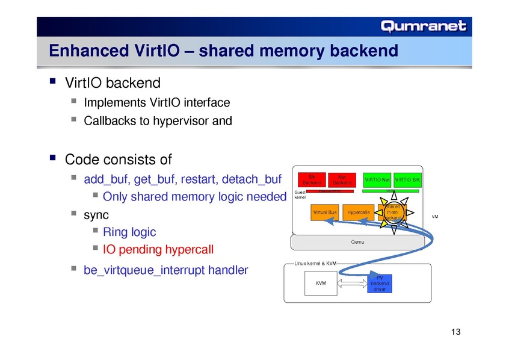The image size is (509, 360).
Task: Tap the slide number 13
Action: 455,333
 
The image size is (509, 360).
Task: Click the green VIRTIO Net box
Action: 377,179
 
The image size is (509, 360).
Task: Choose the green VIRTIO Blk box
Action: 407,179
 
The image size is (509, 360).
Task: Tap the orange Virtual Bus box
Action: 324,213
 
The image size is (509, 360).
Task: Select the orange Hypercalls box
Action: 358,213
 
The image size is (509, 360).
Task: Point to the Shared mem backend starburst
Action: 392,213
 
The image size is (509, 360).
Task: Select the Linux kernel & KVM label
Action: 315,264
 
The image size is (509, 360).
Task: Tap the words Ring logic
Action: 129,232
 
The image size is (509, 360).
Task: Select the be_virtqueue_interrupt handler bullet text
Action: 165,270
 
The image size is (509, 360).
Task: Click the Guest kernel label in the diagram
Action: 300,194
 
